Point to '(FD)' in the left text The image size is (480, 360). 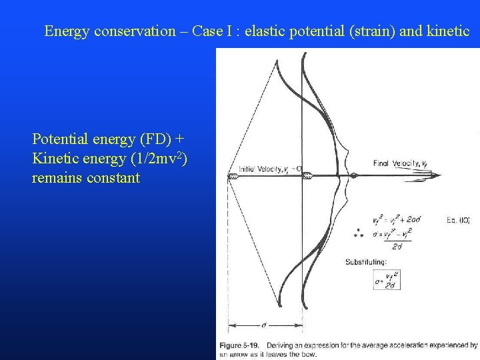(x=157, y=139)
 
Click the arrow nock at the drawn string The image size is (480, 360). (x=232, y=177)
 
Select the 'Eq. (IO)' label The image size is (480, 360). (x=454, y=219)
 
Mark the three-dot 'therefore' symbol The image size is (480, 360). (x=359, y=233)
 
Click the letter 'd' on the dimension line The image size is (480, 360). (x=265, y=325)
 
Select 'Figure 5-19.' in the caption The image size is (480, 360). (x=241, y=345)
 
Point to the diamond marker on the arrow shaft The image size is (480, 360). (x=354, y=176)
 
